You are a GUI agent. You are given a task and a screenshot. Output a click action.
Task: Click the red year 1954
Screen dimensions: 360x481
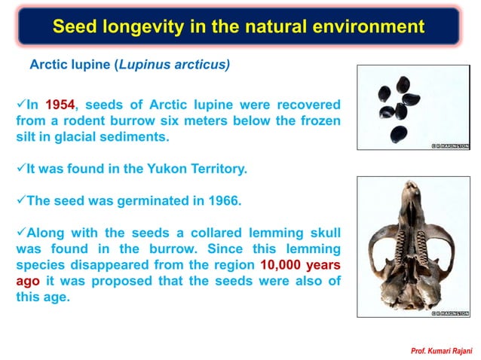point(60,105)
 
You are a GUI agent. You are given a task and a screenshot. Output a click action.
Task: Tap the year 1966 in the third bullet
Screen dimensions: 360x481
point(201,202)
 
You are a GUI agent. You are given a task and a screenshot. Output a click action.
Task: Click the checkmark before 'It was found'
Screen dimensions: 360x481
point(20,169)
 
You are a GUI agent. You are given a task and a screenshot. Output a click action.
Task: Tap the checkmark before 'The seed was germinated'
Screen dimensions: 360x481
point(20,202)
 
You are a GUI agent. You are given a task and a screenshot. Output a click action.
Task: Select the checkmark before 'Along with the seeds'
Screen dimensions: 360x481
point(20,233)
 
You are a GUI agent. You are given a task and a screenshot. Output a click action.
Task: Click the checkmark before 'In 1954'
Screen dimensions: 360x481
point(20,105)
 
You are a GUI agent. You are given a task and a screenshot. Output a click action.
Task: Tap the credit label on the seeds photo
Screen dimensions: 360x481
point(450,145)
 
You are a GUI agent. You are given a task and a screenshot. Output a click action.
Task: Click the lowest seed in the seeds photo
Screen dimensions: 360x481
point(399,135)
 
